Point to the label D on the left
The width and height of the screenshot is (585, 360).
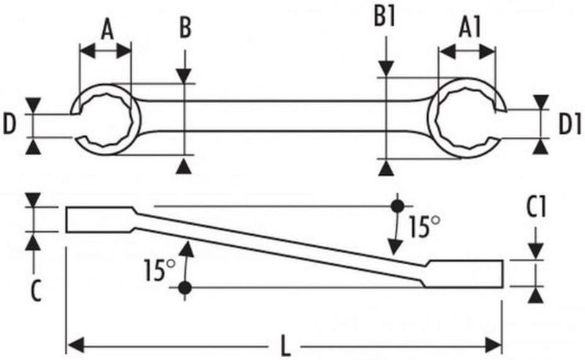(10, 124)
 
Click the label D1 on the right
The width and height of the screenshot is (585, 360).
(570, 124)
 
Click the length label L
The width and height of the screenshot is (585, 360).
(284, 344)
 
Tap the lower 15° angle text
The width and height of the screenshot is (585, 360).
(158, 271)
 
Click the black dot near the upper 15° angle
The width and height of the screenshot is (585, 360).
(397, 206)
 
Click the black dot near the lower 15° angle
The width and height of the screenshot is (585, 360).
(185, 287)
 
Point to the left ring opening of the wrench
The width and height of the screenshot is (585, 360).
(106, 119)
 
